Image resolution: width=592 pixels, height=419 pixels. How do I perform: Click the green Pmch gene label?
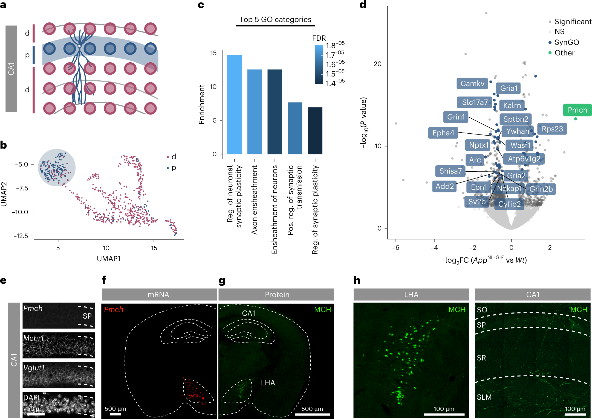coord(577,110)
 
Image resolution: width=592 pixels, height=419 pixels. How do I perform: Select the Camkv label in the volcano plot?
coord(472,83)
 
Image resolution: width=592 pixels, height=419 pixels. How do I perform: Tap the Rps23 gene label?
coord(552,129)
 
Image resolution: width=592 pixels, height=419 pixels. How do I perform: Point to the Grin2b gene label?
coord(541,189)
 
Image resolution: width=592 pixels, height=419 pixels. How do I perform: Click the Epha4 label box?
coord(443,133)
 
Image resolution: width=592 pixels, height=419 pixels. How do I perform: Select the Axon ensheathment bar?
coord(255,112)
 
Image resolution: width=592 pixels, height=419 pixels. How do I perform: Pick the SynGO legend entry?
coord(566,42)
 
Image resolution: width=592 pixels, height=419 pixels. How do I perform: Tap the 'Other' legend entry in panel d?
coord(564,53)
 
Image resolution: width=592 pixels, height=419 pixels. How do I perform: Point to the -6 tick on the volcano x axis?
coord(395,248)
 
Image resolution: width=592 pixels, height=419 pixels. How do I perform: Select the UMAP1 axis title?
coord(109,259)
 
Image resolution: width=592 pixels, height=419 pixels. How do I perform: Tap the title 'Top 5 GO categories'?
coord(275,19)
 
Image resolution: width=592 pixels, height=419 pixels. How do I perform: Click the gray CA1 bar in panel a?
coord(11,69)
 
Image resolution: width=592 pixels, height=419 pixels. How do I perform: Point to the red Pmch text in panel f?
coord(114,309)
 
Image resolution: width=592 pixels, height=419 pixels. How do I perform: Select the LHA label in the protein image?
coord(268,383)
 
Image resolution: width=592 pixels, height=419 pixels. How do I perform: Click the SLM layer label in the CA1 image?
coord(484,397)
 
